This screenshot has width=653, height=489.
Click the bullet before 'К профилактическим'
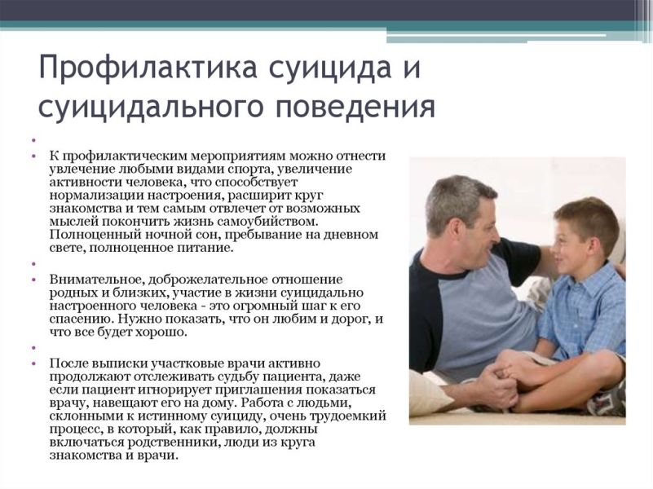[x=33, y=156]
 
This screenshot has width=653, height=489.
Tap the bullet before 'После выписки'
[x=33, y=363]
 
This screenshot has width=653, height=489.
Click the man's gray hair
[x=457, y=199]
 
